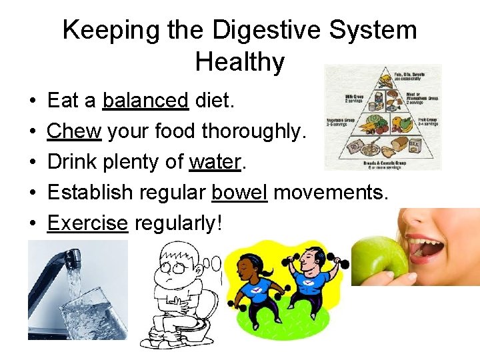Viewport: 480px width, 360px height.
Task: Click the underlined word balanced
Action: [146, 101]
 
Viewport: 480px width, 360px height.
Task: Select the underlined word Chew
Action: [74, 131]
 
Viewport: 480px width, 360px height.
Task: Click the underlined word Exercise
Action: [87, 223]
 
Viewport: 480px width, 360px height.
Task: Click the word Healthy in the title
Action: [240, 62]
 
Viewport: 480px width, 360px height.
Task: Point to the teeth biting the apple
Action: [427, 241]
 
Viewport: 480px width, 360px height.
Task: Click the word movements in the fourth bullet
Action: [331, 193]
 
